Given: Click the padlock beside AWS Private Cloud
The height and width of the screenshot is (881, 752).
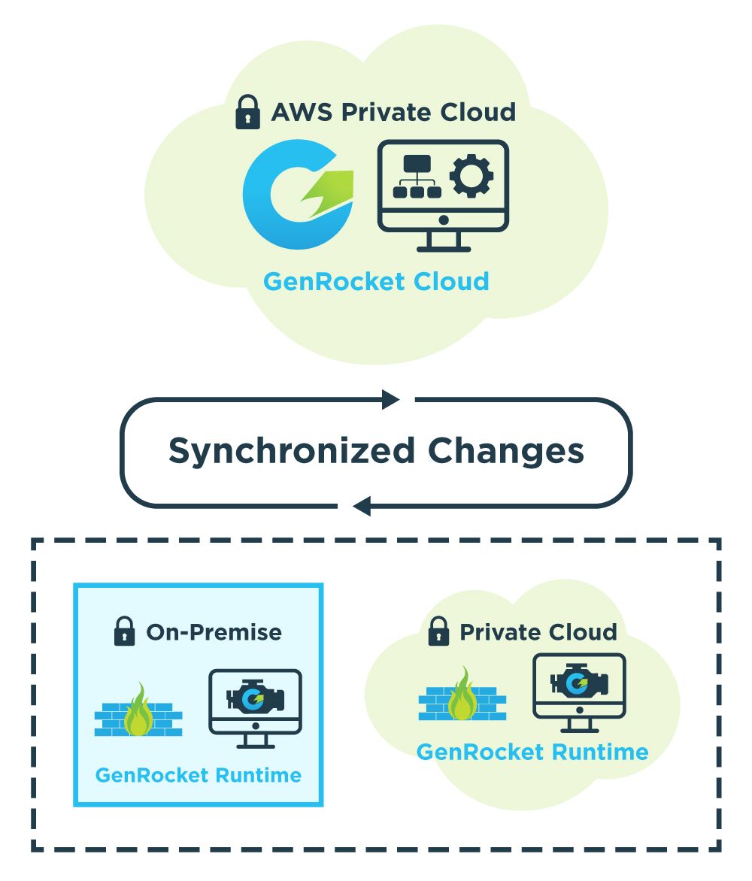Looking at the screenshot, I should [x=248, y=113].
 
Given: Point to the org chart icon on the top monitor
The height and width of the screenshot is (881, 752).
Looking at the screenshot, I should [x=416, y=177].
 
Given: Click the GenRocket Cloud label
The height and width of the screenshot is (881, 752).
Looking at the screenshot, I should [x=376, y=282].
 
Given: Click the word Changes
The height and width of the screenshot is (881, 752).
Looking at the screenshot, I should [x=505, y=451].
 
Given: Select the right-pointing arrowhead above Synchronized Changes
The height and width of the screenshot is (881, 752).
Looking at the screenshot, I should [x=390, y=399].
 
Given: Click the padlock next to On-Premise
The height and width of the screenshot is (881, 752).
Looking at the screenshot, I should [x=124, y=631].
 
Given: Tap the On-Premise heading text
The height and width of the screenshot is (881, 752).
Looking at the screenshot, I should [x=214, y=632].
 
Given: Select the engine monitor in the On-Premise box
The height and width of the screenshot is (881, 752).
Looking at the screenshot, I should [x=255, y=706].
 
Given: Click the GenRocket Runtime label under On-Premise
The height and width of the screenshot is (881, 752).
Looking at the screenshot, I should [x=199, y=775].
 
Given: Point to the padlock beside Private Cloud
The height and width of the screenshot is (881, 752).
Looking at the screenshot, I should [x=438, y=631].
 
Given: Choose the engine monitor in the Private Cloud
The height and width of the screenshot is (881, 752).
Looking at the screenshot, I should [x=579, y=690].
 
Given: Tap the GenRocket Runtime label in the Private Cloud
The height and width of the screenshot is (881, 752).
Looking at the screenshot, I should [x=532, y=752].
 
